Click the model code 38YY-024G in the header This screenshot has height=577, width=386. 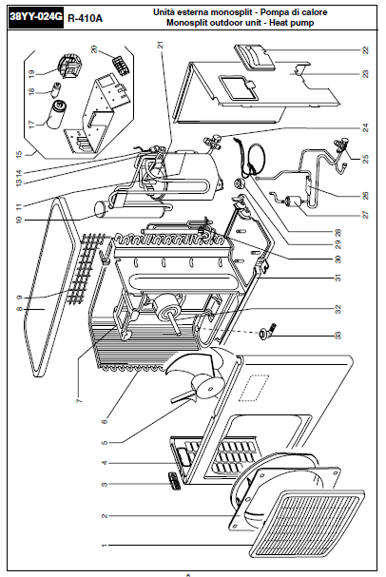pos(36,17)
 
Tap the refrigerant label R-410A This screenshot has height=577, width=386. pos(85,18)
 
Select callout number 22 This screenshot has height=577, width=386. pos(365,49)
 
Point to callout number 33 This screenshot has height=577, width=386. pos(338,336)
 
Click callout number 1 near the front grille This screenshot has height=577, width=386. pos(105,545)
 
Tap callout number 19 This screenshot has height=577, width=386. pos(31,73)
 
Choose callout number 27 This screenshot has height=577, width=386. pos(365,214)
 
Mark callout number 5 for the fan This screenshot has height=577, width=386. pos(105,442)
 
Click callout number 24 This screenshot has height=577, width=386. pos(365,127)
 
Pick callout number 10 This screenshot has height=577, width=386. pos(19,220)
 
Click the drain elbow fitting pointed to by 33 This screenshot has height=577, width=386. pos(268,332)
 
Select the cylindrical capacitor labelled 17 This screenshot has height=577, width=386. pos(55,114)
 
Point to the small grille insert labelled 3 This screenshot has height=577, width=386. pos(174,480)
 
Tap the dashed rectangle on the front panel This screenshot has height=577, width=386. pos(254,388)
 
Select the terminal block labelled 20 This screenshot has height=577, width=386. pos(121,66)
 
